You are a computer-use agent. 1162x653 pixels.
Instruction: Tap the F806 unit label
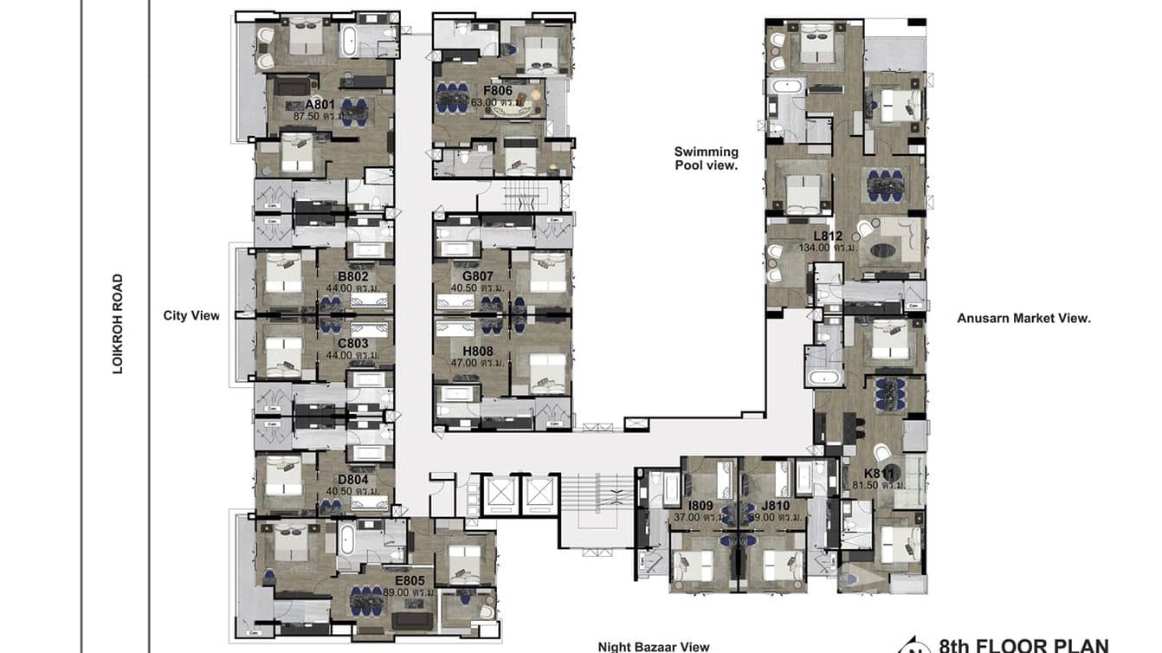point(498,90)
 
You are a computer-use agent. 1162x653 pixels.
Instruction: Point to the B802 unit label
point(353,277)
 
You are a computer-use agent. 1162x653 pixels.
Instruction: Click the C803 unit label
point(353,343)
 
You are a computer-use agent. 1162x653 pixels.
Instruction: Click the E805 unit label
point(410,580)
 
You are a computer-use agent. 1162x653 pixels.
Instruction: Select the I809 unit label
point(700,506)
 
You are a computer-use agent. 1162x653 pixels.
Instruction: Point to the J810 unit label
point(775,506)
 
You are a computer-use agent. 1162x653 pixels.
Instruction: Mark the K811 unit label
point(879,474)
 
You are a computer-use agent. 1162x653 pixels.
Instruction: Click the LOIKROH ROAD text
point(118,324)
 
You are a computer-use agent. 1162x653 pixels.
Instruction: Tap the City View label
point(191,315)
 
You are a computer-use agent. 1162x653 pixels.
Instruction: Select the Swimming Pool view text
point(706,158)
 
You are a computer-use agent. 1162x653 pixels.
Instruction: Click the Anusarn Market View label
point(1023,318)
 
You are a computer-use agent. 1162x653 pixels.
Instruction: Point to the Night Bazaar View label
point(653,646)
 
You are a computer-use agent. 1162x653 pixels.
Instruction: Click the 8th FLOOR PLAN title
point(1023,645)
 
